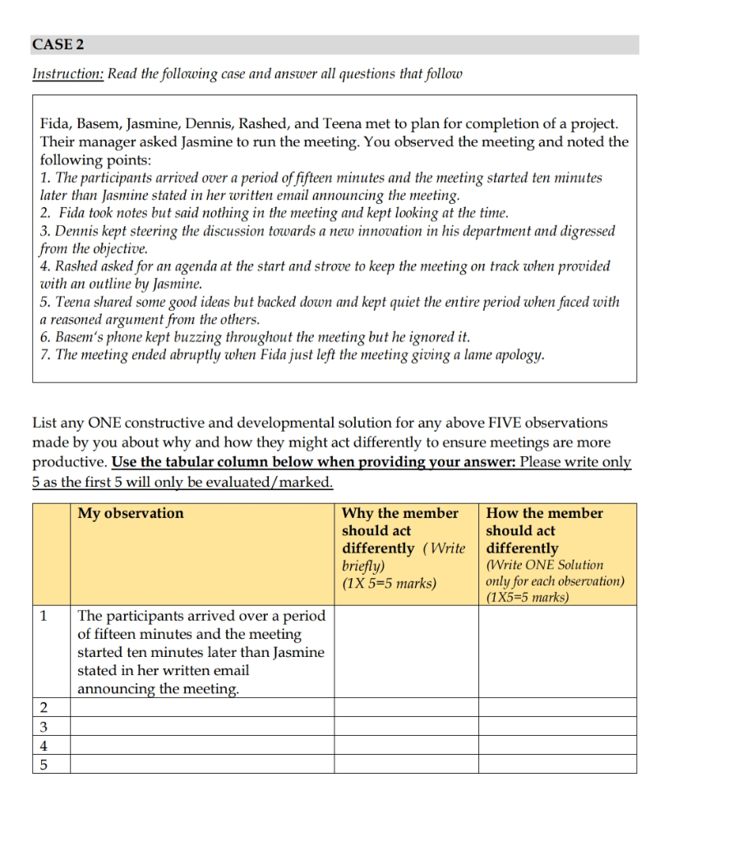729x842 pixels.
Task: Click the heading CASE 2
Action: tap(58, 44)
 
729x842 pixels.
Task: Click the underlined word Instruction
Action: tap(67, 74)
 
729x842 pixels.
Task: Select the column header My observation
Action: tap(131, 513)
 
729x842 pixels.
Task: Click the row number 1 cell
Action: tap(43, 616)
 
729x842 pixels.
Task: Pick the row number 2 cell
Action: tap(43, 707)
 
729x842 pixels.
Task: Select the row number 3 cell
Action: tap(43, 727)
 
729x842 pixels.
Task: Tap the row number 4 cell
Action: tap(43, 746)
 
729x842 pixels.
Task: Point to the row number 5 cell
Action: tap(43, 764)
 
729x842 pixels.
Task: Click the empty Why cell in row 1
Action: tap(406, 652)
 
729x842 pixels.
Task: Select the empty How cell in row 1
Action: tap(557, 652)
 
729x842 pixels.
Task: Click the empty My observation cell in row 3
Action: tap(201, 727)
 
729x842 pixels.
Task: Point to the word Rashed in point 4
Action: tap(76, 266)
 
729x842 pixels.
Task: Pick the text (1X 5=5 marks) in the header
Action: tap(389, 583)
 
